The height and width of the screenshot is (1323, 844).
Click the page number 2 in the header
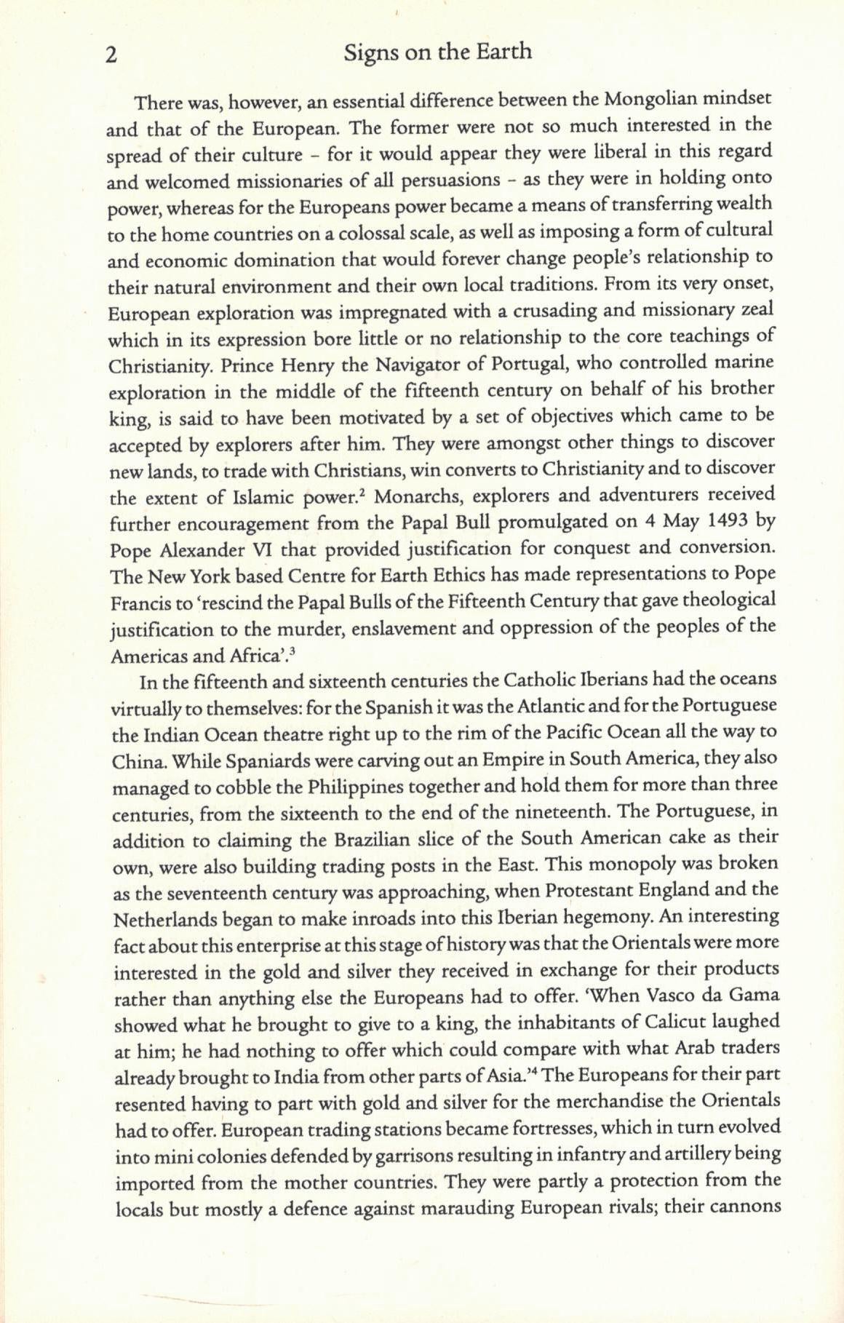click(111, 55)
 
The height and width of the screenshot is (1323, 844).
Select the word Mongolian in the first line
click(647, 98)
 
